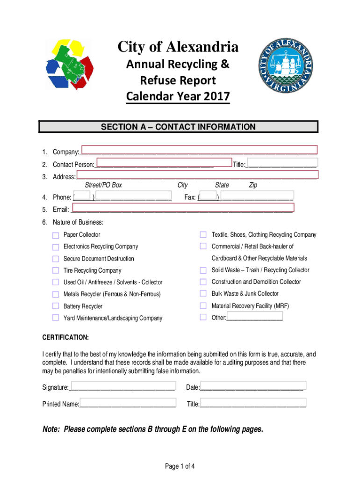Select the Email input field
182,208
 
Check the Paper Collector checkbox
56,235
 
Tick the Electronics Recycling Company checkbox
56,247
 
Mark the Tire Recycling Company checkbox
56,271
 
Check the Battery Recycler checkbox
56,306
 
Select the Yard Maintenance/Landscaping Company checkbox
56,319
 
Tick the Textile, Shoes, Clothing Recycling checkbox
203,234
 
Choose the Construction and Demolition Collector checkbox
203,282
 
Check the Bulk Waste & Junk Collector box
203,293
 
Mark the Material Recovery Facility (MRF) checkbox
203,305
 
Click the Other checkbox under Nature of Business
203,317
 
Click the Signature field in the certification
122,387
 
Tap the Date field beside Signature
252,387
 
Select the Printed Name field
128,403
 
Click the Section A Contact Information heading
179,127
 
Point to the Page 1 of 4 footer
180,466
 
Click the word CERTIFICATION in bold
65,338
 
